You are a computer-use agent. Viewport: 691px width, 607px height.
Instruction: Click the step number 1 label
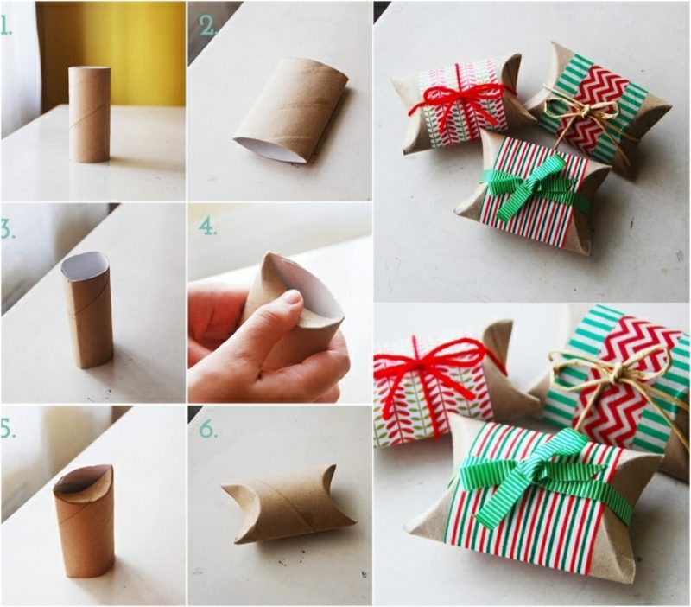point(6,26)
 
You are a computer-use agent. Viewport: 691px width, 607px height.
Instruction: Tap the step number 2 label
point(208,26)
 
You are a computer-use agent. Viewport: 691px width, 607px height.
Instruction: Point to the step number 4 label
point(208,227)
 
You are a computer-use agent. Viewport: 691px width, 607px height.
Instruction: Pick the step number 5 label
point(8,430)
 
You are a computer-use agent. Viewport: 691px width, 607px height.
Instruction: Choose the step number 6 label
point(208,429)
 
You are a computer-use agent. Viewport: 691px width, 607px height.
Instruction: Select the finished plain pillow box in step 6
point(288,504)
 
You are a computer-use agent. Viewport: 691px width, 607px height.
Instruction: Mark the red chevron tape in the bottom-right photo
point(625,380)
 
